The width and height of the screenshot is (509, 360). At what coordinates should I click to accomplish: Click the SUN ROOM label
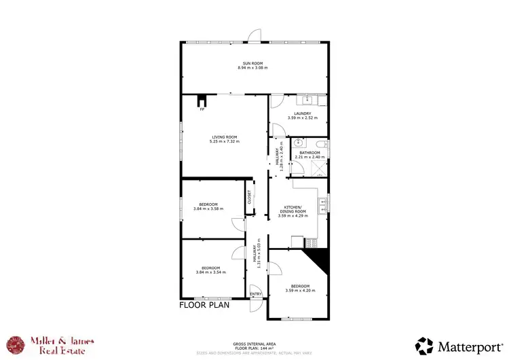[x=254, y=63]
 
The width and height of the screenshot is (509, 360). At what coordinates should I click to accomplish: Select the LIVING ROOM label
[x=225, y=137]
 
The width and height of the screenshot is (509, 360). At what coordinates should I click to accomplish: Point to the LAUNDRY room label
[x=302, y=113]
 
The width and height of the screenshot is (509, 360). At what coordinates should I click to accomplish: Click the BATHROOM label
[x=309, y=153]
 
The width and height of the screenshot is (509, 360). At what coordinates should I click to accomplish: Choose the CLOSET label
[x=249, y=197]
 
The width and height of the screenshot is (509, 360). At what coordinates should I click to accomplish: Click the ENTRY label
[x=256, y=294]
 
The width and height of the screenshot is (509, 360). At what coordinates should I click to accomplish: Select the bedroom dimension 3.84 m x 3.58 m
[x=209, y=209]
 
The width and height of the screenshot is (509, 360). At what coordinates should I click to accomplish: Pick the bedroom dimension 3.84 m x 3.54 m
[x=210, y=272]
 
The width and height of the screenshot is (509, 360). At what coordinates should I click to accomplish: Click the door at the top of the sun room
[x=254, y=36]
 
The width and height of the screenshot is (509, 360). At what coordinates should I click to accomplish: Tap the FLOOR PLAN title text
[x=204, y=305]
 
